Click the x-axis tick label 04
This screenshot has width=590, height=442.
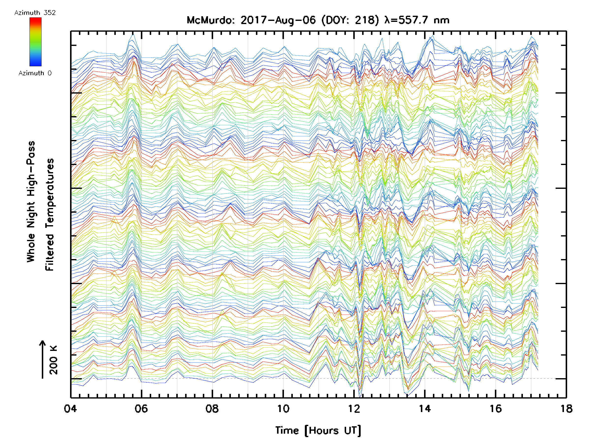pos(70,408)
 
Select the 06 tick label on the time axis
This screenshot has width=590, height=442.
pos(141,408)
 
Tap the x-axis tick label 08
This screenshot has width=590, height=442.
pos(212,408)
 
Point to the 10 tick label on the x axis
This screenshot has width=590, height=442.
pos(283,408)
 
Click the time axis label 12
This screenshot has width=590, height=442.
pos(354,408)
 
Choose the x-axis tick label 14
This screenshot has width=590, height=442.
pos(425,408)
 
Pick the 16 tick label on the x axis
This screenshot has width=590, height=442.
pos(496,408)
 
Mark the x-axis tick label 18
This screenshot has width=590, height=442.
pos(566,408)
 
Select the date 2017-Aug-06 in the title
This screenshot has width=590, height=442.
pos(278,20)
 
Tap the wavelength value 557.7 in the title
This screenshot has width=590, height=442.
pos(414,20)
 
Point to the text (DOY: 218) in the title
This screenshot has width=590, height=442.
pos(350,20)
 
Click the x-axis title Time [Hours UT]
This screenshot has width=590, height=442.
pos(318,430)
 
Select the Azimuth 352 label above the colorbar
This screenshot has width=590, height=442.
pos(35,13)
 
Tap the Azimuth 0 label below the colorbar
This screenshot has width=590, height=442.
pos(35,73)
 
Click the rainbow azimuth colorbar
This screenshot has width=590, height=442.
pos(35,42)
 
